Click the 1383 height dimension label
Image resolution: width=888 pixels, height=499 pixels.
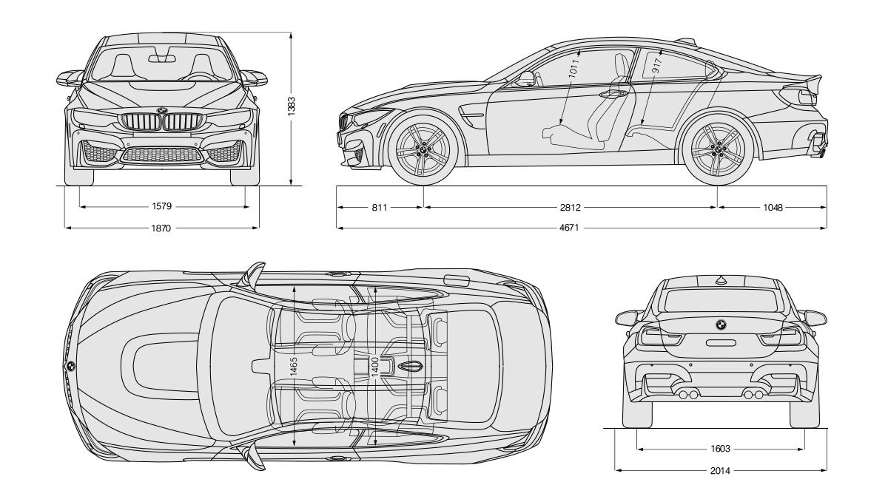pyautogui.click(x=292, y=106)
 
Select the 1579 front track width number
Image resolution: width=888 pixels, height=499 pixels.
pyautogui.click(x=162, y=206)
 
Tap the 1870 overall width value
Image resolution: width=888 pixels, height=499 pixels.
pyautogui.click(x=161, y=228)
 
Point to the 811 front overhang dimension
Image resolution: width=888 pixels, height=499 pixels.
pyautogui.click(x=380, y=207)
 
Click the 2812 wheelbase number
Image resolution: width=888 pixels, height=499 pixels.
pyautogui.click(x=571, y=207)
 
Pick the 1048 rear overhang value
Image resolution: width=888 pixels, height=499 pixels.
pyautogui.click(x=773, y=207)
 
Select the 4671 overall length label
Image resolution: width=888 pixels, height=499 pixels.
pyautogui.click(x=569, y=228)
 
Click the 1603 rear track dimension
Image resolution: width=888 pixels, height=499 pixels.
pyautogui.click(x=720, y=449)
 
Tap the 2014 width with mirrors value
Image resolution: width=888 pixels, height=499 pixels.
pyautogui.click(x=720, y=470)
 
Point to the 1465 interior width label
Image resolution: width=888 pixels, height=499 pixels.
pyautogui.click(x=293, y=367)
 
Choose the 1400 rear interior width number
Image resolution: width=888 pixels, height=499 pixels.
pyautogui.click(x=375, y=367)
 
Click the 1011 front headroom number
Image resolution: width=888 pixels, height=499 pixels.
pyautogui.click(x=574, y=68)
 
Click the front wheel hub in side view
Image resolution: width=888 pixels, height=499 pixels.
pyautogui.click(x=423, y=149)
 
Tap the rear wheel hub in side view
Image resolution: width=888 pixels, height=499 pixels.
pyautogui.click(x=717, y=149)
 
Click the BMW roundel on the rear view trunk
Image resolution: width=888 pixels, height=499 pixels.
pyautogui.click(x=720, y=325)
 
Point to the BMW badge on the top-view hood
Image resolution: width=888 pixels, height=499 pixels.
pyautogui.click(x=70, y=367)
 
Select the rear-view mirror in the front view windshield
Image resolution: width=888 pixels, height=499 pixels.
pyautogui.click(x=162, y=59)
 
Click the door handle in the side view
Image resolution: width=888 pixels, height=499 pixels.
pyautogui.click(x=613, y=95)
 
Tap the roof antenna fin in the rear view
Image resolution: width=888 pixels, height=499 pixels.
pyautogui.click(x=721, y=281)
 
